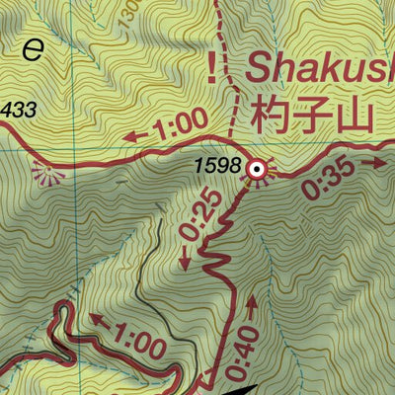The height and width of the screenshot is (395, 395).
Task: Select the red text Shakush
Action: pyautogui.click(x=318, y=67)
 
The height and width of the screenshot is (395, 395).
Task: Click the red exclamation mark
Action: pyautogui.click(x=210, y=66)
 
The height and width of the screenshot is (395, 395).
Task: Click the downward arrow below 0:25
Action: pyautogui.click(x=185, y=260)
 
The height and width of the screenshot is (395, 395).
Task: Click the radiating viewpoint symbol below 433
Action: pyautogui.click(x=45, y=174)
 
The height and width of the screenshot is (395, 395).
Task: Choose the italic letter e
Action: pyautogui.click(x=34, y=49)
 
